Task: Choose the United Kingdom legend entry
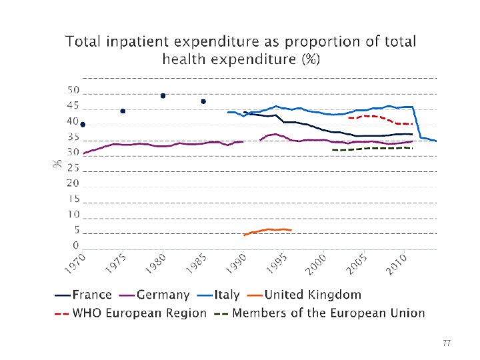coord(312,295)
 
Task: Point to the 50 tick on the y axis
coord(73,91)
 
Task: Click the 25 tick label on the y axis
coord(73,169)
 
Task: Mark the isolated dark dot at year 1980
coord(163,95)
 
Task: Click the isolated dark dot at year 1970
coord(83,125)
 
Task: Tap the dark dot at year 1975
coord(123,111)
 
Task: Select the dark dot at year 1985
coord(203,101)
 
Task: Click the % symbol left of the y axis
coord(57,162)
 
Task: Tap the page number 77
coord(447,343)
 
